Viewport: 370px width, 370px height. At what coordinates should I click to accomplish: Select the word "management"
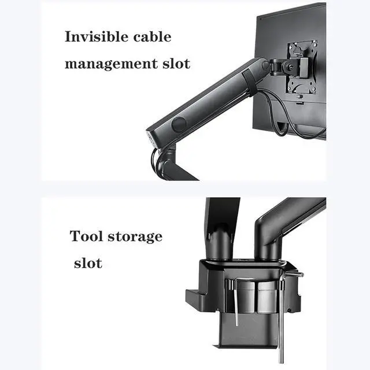(106, 63)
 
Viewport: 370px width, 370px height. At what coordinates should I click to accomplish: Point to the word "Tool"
(86, 236)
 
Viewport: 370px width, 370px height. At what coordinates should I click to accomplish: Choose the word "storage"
(135, 237)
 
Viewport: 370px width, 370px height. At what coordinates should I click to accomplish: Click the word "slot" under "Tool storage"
(88, 264)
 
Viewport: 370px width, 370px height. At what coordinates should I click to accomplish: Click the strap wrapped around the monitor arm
(248, 81)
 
